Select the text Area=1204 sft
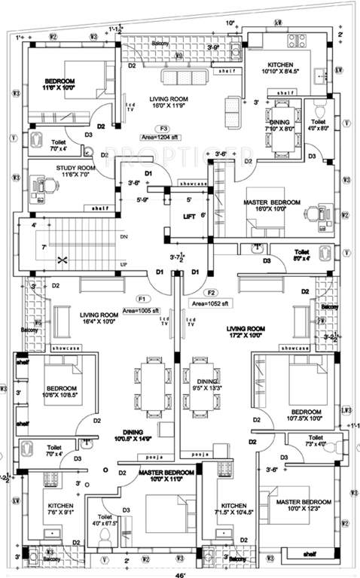pyautogui.click(x=158, y=138)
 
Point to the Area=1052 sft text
pyautogui.click(x=209, y=303)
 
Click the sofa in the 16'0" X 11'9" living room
pyautogui.click(x=181, y=78)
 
